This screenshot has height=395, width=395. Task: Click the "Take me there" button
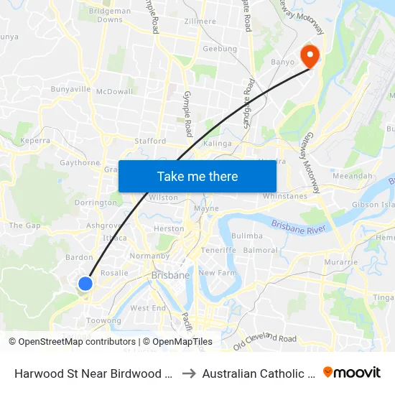197,176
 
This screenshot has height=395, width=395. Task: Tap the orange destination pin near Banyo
310,56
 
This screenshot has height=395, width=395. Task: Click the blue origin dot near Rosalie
85,283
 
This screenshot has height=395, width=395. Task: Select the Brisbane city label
170,275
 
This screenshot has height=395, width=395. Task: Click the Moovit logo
352,373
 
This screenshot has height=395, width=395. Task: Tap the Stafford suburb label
150,141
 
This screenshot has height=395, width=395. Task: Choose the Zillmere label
200,22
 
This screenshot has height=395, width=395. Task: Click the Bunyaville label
70,90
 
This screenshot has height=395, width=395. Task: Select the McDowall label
114,92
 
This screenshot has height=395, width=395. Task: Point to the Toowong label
103,320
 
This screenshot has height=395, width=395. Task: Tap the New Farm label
217,273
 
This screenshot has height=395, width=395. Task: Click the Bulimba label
247,236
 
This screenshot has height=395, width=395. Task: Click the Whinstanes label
285,196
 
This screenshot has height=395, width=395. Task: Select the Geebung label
220,49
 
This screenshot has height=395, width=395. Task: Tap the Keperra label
35,141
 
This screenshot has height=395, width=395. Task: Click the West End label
148,308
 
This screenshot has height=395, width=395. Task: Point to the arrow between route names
189,373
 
